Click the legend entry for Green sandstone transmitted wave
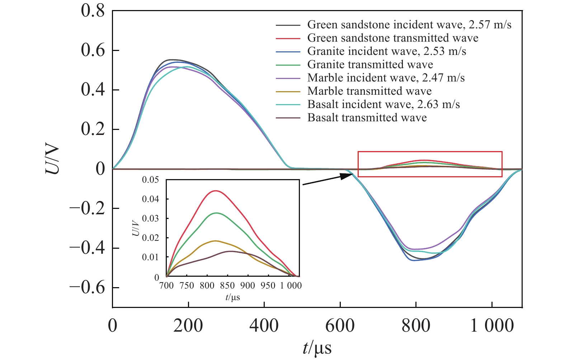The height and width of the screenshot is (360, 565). pos(393,38)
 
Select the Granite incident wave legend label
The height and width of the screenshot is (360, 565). pos(387,51)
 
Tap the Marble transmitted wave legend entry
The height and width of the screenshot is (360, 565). pos(369,91)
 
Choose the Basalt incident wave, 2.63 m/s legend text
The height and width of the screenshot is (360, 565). pos(383,104)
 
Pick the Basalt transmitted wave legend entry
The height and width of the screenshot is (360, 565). pos(367,118)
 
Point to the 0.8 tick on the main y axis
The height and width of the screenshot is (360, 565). pos(93,11)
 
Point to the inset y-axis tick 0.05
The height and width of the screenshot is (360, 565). pos(150,180)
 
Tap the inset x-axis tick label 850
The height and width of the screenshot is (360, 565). pos(227,286)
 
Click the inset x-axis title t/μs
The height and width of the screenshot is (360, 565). pos(233,297)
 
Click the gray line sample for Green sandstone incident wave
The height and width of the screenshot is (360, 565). pos(288,25)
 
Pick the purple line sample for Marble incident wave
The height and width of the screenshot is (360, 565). pos(288,78)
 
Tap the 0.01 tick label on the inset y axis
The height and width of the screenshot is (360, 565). pos(150,257)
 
